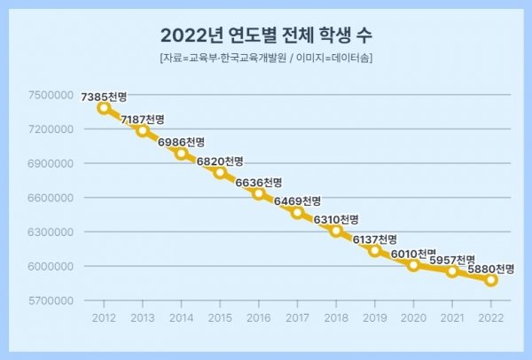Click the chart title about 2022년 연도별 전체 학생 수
click(x=266, y=35)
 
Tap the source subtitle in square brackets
click(x=266, y=59)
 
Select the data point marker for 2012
click(x=104, y=108)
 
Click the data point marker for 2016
click(x=259, y=193)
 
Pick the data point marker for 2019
click(x=375, y=251)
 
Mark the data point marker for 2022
click(x=491, y=280)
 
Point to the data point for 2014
click(x=181, y=153)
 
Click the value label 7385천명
click(x=104, y=95)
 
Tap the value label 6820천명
click(x=220, y=161)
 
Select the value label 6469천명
click(x=297, y=201)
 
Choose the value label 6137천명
click(x=375, y=239)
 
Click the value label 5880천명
click(x=491, y=268)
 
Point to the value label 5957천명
click(x=452, y=260)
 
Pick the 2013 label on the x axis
click(x=142, y=317)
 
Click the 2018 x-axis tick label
click(x=336, y=317)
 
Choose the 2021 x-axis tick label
click(x=452, y=317)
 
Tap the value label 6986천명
click(x=181, y=142)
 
